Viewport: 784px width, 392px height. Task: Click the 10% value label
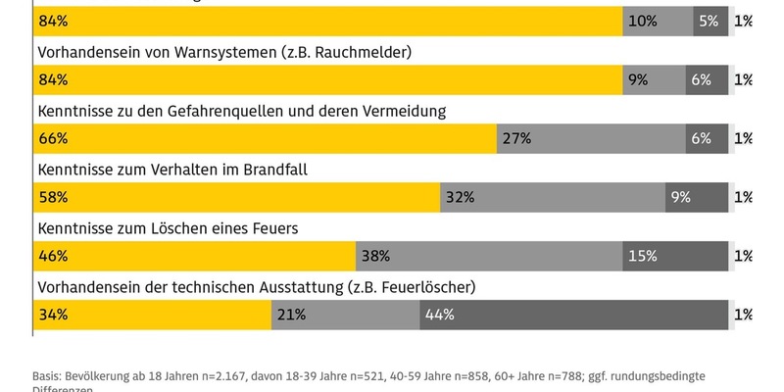pos(642,21)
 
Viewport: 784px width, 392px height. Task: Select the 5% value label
pos(709,21)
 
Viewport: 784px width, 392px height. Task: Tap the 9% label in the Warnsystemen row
pos(638,79)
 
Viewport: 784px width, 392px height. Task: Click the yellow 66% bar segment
pos(266,138)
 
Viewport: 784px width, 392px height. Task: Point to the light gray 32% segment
pos(553,197)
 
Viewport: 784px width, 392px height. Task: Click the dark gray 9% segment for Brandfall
pos(697,197)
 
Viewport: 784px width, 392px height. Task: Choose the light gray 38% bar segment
pos(488,256)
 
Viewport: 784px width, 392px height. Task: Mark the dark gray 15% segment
pos(675,256)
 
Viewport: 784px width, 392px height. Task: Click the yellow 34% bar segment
pos(152,315)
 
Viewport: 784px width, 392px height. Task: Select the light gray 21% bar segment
pos(345,315)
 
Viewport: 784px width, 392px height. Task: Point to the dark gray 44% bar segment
pos(574,315)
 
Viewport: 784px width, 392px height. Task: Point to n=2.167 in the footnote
pos(220,376)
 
